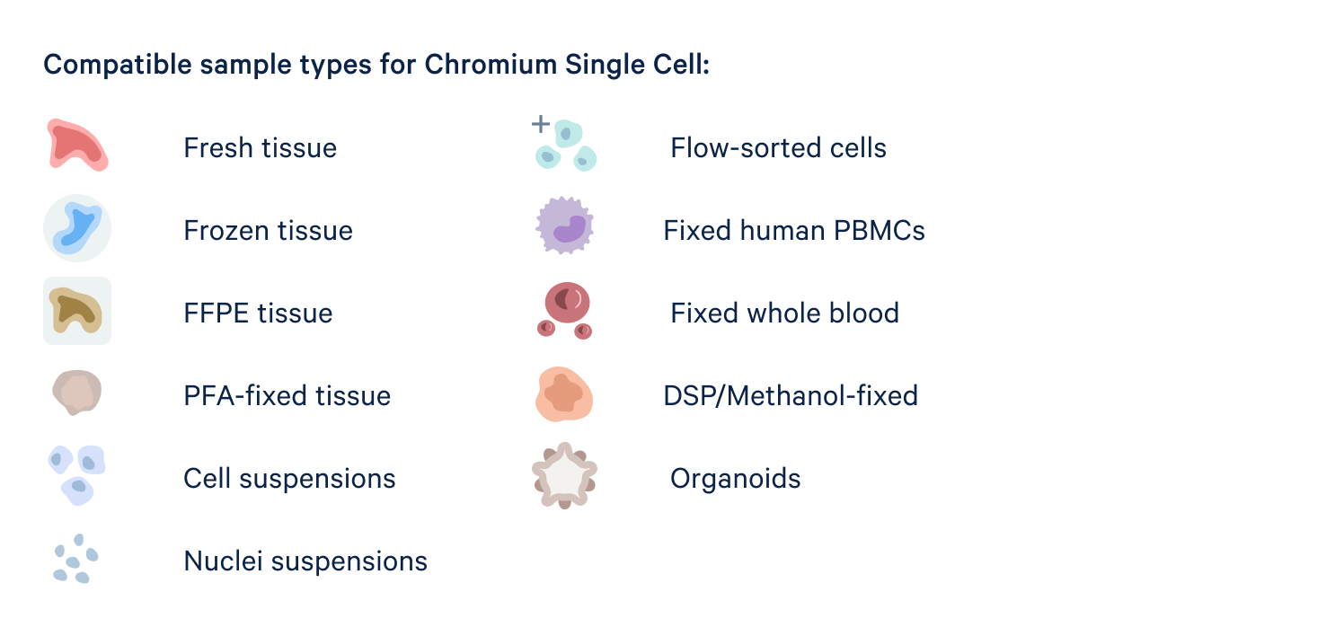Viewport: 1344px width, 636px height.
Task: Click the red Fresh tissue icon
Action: click(76, 146)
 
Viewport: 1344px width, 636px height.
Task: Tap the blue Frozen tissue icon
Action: click(76, 228)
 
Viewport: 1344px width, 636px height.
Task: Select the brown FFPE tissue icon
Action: click(76, 311)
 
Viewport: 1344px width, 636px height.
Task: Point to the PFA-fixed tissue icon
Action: click(76, 393)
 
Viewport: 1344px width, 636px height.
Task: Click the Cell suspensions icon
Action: click(76, 473)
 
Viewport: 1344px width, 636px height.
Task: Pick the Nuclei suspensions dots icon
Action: click(74, 558)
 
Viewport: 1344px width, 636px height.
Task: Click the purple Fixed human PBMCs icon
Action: click(565, 226)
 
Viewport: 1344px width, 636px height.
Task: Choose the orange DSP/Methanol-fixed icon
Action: click(564, 394)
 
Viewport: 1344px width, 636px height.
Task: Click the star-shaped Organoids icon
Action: click(564, 475)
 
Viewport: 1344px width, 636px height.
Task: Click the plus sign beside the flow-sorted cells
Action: click(540, 124)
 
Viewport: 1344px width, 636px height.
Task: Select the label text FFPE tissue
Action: click(258, 314)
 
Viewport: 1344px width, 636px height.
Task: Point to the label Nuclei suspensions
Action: click(305, 561)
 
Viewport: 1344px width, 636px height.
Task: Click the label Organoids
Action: click(735, 479)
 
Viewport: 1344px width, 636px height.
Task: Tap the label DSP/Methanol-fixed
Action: click(791, 396)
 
